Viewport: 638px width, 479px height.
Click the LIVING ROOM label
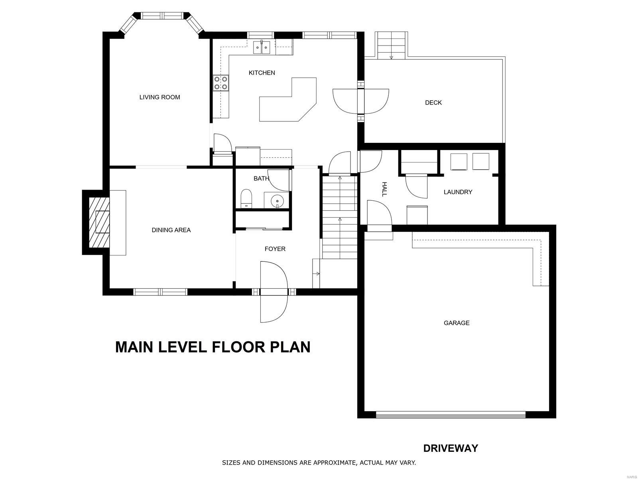(x=159, y=97)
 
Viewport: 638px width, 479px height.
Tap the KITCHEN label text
(x=262, y=73)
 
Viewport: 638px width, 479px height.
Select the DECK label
(x=433, y=102)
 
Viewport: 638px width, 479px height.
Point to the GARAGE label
(x=456, y=323)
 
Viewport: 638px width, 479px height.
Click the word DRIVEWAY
(x=451, y=448)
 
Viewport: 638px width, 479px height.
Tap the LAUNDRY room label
(x=458, y=192)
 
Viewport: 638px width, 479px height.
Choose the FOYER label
(x=275, y=249)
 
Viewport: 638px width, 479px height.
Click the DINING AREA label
(x=171, y=230)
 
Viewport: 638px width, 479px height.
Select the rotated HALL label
(x=384, y=189)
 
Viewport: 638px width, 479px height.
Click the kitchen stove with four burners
(x=221, y=83)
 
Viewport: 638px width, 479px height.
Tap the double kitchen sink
(x=262, y=48)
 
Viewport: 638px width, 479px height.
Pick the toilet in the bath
(x=246, y=198)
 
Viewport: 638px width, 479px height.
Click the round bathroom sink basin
(x=277, y=201)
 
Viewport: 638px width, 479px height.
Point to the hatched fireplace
(x=99, y=222)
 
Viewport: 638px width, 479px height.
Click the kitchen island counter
(x=288, y=100)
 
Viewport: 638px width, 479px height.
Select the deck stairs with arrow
(x=391, y=46)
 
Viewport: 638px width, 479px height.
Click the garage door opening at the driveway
(x=451, y=415)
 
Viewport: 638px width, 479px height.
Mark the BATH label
(x=261, y=178)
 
